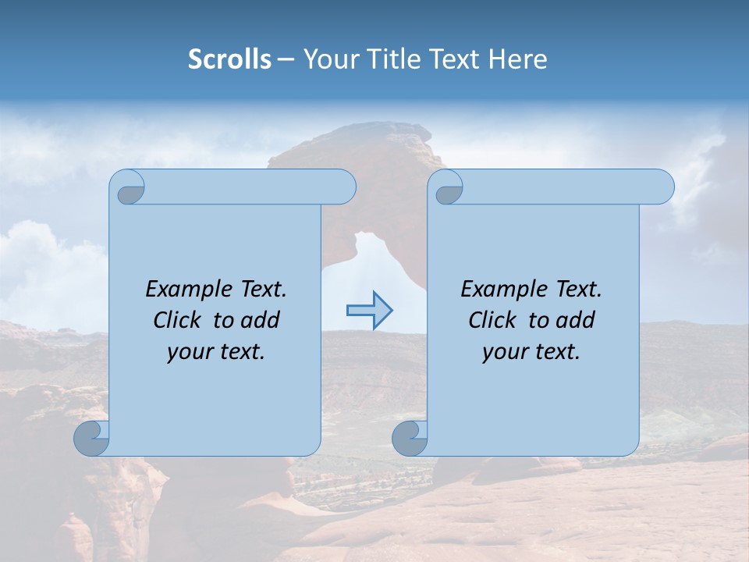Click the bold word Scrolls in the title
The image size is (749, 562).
tap(229, 59)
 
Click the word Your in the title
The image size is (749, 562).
tap(327, 59)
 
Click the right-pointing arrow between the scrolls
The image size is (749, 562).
tap(370, 311)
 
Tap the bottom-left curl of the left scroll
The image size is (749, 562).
tap(92, 438)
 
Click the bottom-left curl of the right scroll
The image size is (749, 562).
tap(410, 438)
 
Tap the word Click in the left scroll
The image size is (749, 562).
tap(179, 320)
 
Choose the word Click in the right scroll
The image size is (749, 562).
tap(493, 320)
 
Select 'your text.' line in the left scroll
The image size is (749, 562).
tap(216, 351)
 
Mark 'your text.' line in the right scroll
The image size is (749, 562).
tap(531, 351)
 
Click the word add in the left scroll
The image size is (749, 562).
tap(261, 320)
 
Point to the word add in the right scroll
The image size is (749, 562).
tap(576, 320)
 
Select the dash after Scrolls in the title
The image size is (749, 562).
tap(286, 59)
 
